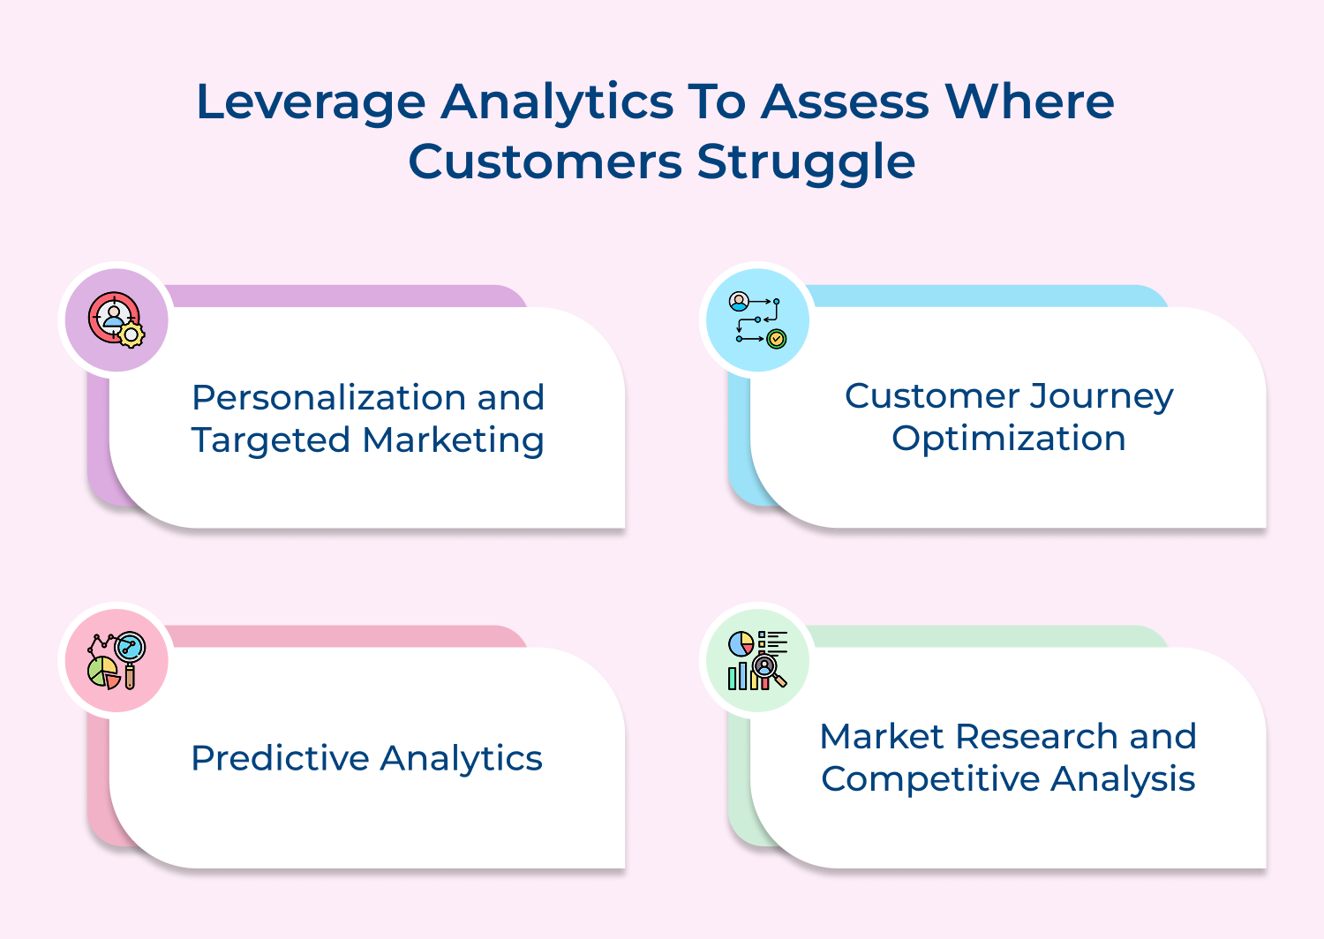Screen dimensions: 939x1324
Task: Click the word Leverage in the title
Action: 311,102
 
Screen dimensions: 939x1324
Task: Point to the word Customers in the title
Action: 545,162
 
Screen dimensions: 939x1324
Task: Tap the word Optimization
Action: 1008,438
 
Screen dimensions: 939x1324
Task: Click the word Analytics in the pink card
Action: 461,758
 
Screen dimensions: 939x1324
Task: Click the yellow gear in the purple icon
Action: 132,334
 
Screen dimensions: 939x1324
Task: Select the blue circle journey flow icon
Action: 757,319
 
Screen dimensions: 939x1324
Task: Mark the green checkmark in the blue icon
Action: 777,338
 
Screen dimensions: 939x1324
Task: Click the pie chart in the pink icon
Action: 103,672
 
